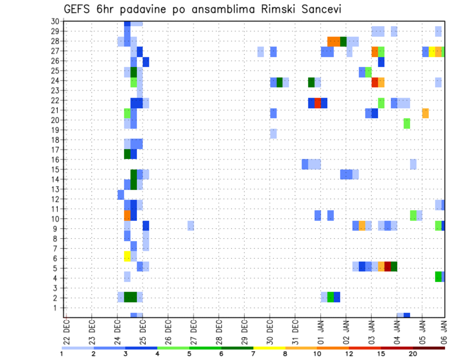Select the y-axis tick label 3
57,288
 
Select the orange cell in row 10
127,215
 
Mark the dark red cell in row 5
387,266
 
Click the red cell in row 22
317,103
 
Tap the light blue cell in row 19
273,133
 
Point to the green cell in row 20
407,123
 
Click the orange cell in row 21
425,113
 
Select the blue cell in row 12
121,195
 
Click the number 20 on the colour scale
413,354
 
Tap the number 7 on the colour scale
253,354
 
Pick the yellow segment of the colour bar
269,348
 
